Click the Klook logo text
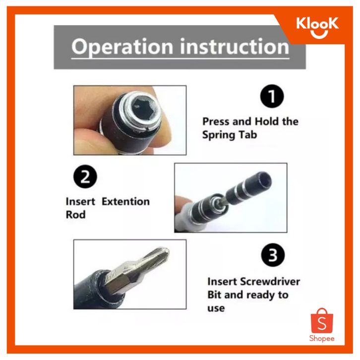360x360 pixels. point(317,24)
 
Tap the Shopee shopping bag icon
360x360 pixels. point(322,320)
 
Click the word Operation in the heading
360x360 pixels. point(122,47)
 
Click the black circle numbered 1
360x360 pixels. point(272,96)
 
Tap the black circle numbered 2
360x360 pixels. point(85,177)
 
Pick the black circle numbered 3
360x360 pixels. point(273,255)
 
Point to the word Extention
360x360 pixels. point(125,202)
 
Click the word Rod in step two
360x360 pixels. point(75,215)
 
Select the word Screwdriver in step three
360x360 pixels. point(270,282)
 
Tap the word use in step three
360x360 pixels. point(216,308)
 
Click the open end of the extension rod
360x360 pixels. point(264,180)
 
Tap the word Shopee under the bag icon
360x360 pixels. point(322,339)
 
